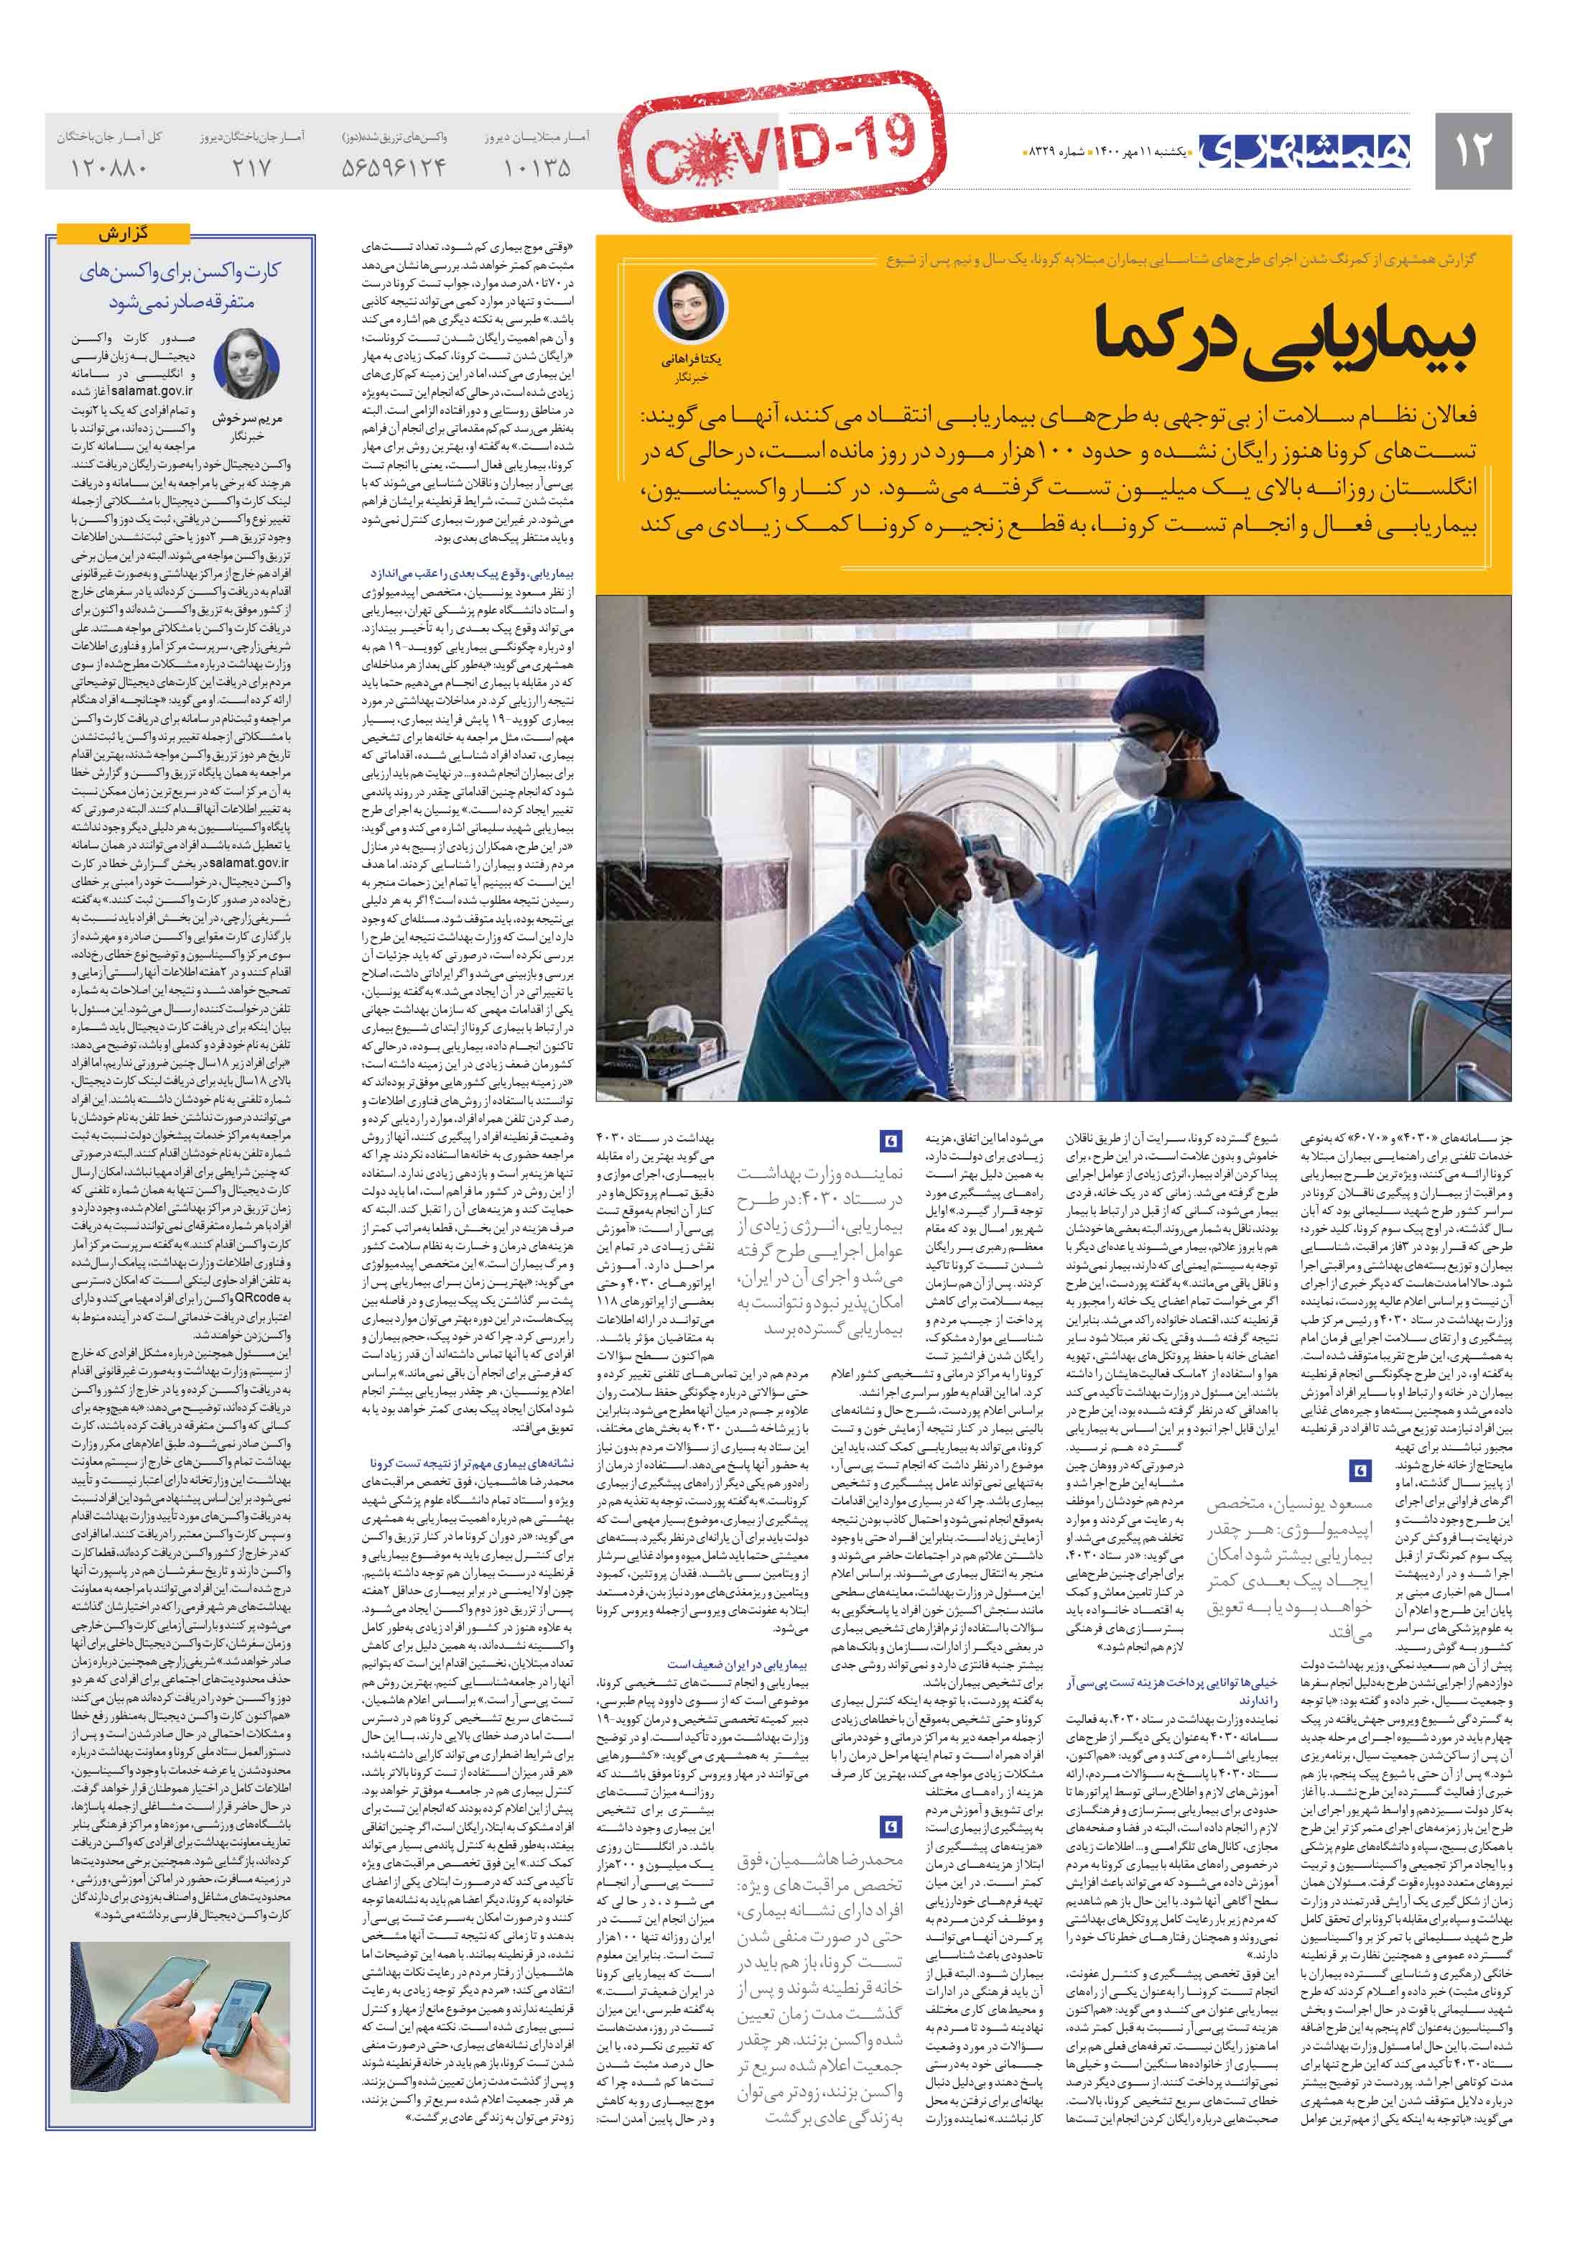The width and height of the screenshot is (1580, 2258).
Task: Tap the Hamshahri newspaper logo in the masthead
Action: pyautogui.click(x=1303, y=150)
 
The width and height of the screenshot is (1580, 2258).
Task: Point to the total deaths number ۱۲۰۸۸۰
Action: pyautogui.click(x=109, y=168)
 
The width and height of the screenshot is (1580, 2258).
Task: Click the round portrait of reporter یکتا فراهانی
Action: pyautogui.click(x=691, y=306)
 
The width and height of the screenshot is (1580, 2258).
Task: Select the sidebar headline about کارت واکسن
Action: pyautogui.click(x=181, y=286)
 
